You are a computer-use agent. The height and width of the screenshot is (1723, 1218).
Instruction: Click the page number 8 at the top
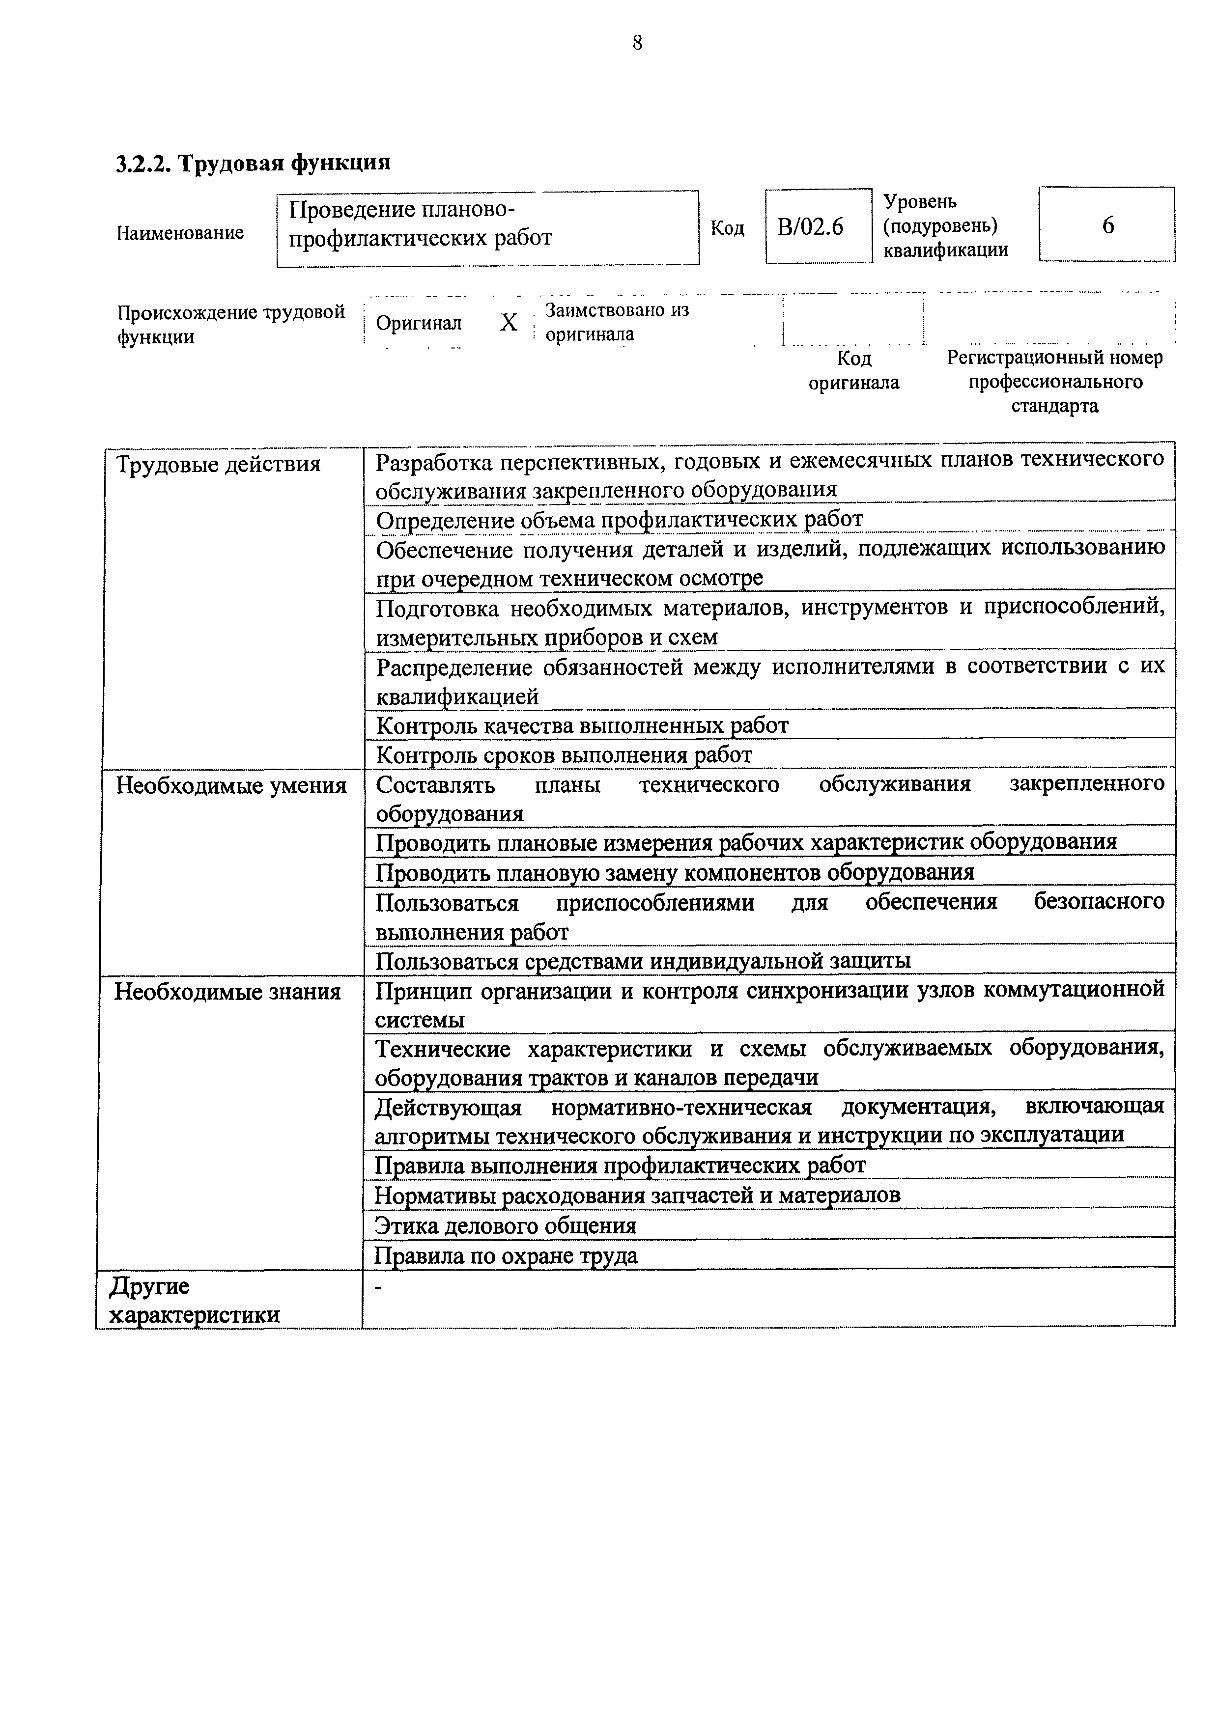point(637,44)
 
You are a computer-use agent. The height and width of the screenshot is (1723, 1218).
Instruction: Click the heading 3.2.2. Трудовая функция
point(254,163)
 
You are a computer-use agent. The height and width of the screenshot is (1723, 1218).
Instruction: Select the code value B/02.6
point(811,226)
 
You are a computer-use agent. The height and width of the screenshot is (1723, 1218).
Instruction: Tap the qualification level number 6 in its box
point(1107,225)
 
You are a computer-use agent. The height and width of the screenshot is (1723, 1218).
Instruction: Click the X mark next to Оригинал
point(509,323)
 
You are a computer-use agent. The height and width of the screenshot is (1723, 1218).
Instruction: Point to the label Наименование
point(180,233)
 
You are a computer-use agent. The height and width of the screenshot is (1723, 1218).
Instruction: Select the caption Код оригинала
point(853,371)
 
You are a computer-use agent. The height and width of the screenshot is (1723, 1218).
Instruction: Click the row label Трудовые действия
point(218,465)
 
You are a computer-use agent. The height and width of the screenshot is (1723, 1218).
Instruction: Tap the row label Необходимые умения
point(231,786)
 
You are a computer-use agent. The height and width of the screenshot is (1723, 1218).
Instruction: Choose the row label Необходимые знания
point(227,992)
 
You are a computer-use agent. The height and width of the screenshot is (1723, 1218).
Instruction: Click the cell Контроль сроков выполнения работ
point(564,754)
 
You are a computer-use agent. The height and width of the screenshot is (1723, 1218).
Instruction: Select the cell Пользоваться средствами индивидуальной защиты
point(643,961)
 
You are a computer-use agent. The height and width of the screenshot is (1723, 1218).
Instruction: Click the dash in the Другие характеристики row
point(378,1288)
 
